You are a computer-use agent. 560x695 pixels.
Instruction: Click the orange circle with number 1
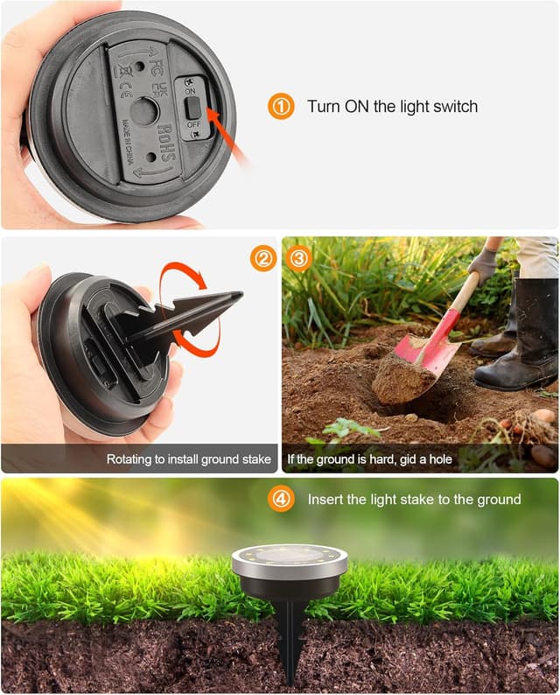tap(281, 107)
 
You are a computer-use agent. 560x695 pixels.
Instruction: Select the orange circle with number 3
tap(299, 258)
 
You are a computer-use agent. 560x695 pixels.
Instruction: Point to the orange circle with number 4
tap(281, 499)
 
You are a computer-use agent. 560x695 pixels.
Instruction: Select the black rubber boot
tap(521, 341)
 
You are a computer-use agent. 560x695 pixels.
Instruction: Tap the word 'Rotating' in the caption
tap(130, 459)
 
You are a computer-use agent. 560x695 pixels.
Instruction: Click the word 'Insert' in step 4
tap(325, 499)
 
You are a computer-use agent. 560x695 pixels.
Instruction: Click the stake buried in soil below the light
tap(290, 639)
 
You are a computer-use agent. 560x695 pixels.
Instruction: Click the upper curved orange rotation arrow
tap(184, 282)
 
